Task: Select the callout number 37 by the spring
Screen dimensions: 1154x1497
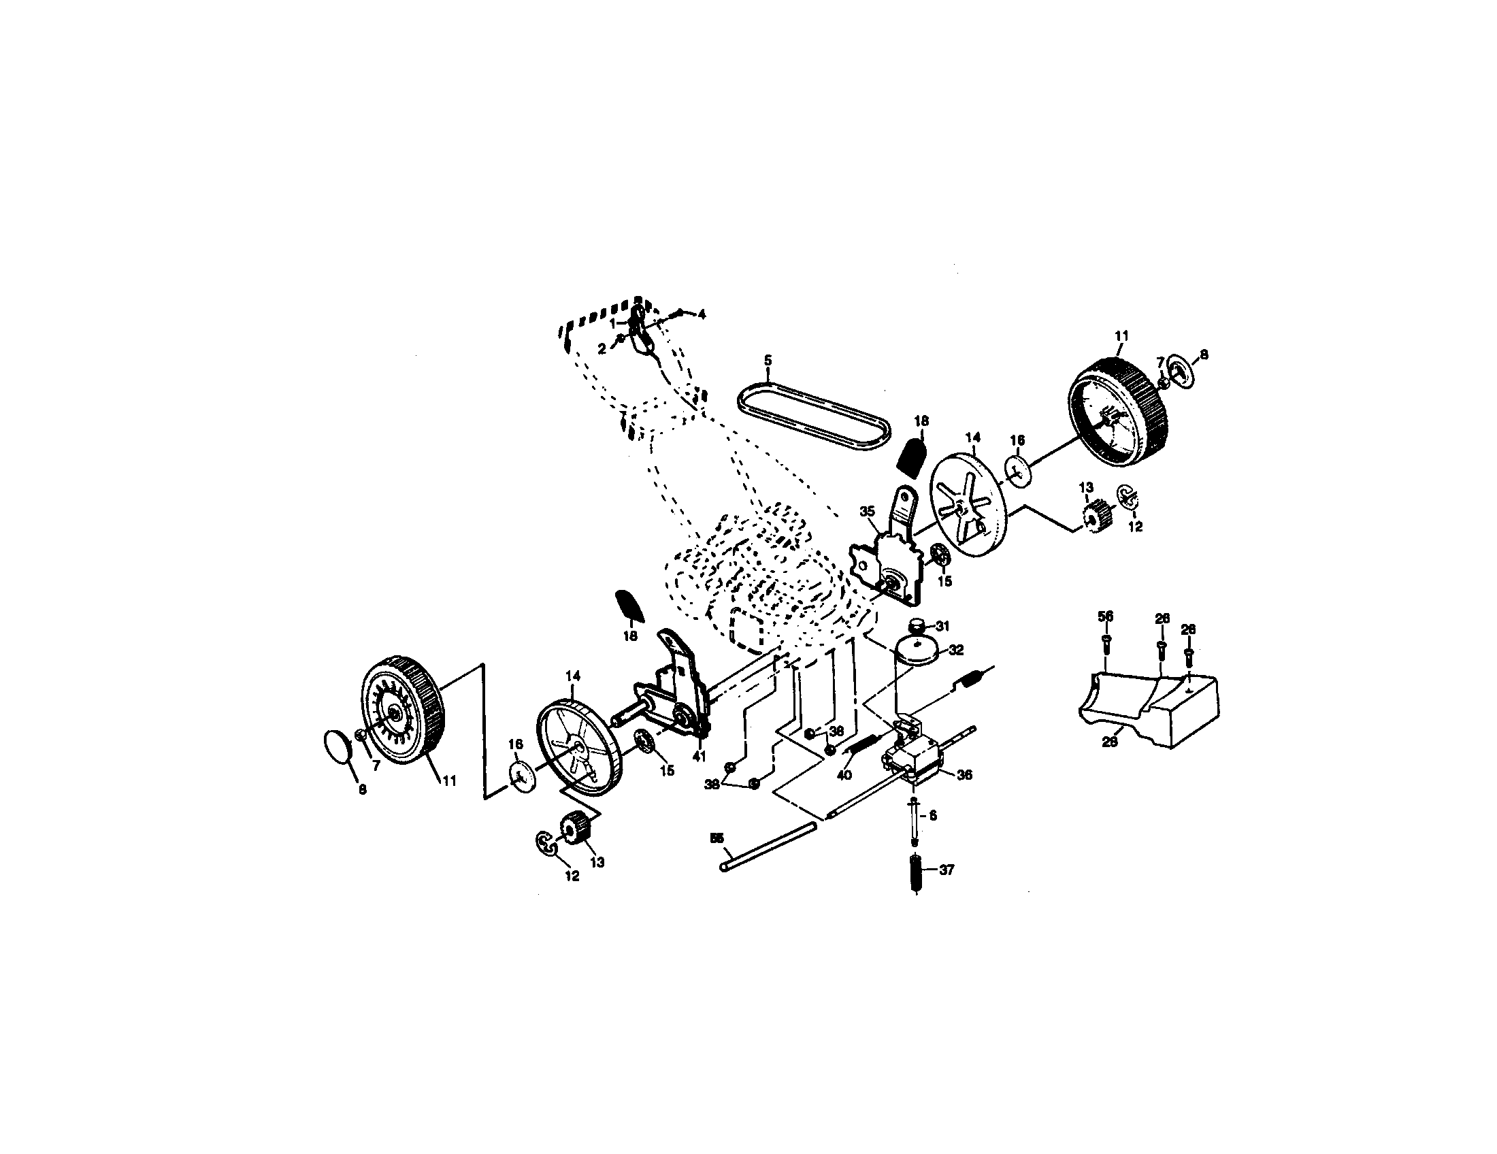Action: click(x=946, y=870)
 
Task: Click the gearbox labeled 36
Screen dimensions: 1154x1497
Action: click(x=912, y=761)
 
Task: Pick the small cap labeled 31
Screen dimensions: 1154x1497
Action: click(x=918, y=625)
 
